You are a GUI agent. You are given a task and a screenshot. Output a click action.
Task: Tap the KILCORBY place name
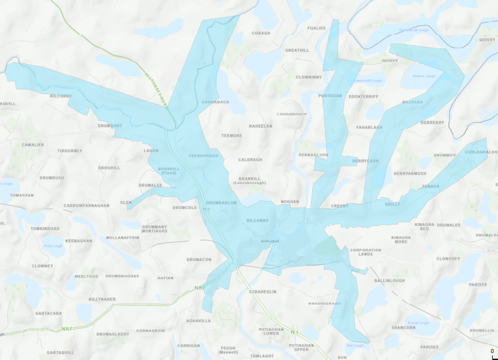click(x=61, y=96)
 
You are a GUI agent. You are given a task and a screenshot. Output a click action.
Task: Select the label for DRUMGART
click(x=110, y=125)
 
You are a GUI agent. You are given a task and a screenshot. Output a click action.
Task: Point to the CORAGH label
click(x=261, y=33)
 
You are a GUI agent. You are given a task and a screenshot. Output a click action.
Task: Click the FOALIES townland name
click(x=316, y=28)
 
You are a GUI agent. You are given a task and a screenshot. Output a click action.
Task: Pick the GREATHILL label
click(x=297, y=51)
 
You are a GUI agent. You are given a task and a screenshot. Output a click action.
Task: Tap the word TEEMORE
click(x=231, y=136)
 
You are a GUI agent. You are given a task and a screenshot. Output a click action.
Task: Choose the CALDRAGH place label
click(x=250, y=159)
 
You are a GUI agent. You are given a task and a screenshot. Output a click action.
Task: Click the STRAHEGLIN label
click(x=263, y=292)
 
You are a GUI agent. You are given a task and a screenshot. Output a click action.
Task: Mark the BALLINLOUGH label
click(x=389, y=281)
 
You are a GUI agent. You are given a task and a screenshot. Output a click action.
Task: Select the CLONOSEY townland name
click(x=448, y=258)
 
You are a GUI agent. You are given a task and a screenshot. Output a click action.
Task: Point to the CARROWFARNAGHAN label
click(x=86, y=206)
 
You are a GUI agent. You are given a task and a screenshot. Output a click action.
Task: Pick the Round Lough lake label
click(x=419, y=322)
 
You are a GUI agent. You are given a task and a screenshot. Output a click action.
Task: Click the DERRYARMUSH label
click(x=410, y=174)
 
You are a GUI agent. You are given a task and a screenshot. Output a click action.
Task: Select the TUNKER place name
click(x=430, y=186)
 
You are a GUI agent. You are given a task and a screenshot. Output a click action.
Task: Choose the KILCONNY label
click(x=258, y=221)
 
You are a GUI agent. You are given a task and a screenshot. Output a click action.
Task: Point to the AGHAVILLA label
click(x=198, y=321)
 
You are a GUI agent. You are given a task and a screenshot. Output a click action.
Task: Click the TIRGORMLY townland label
click(x=70, y=151)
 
